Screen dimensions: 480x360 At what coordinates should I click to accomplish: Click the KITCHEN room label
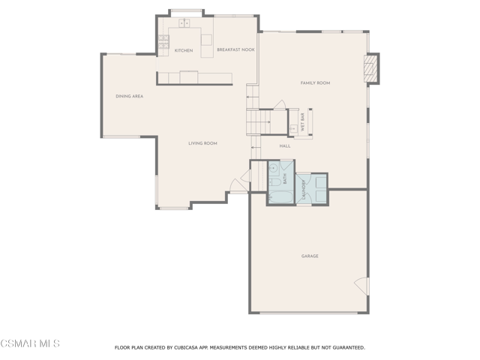[184, 50]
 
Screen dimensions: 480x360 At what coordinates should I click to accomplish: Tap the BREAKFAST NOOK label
[235, 49]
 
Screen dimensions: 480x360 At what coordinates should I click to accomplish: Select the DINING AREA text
[130, 96]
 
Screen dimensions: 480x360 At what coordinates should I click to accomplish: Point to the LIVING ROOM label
[202, 143]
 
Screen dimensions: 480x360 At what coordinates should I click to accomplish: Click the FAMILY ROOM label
[315, 83]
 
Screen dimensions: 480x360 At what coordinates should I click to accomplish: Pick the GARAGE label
[310, 256]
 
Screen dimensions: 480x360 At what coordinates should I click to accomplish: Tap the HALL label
[285, 146]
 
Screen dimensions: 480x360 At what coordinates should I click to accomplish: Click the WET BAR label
[303, 122]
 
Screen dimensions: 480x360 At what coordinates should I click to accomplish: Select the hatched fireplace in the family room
[370, 68]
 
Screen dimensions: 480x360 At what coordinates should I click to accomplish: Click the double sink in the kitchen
[184, 23]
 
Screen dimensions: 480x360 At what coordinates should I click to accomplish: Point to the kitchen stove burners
[163, 42]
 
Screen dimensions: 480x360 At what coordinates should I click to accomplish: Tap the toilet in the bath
[275, 183]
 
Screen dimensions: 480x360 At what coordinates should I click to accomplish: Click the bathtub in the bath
[280, 196]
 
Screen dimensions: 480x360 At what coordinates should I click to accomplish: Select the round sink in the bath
[273, 168]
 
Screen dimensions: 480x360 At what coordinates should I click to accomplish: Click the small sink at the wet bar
[292, 129]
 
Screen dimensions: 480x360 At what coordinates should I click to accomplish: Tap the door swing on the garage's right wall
[361, 286]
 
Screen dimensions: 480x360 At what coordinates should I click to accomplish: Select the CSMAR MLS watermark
[30, 343]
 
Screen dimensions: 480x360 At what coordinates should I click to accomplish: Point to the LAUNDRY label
[304, 190]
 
